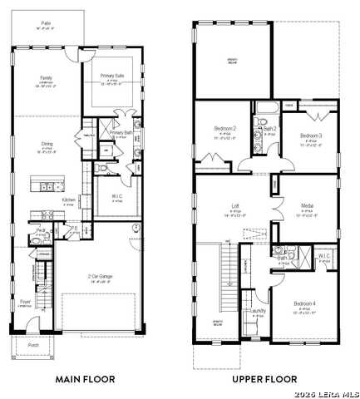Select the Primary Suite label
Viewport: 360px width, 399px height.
click(111, 76)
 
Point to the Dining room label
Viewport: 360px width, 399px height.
click(47, 144)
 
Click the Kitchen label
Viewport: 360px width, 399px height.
click(70, 199)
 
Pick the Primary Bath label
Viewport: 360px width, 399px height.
click(121, 132)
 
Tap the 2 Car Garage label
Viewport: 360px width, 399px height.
click(100, 277)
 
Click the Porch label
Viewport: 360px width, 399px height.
click(33, 343)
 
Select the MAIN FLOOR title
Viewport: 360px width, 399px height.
click(85, 378)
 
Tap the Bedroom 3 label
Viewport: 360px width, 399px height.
click(310, 135)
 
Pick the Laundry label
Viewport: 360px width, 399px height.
click(259, 311)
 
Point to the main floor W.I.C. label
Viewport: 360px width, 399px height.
click(116, 197)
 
